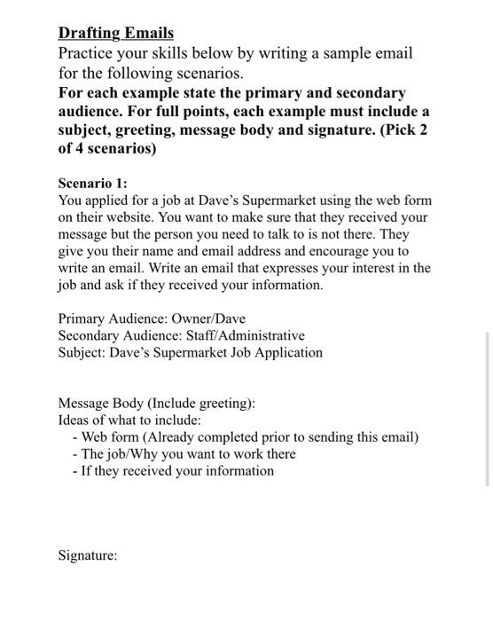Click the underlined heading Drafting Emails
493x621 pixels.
116,34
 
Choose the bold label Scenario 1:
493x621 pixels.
93,184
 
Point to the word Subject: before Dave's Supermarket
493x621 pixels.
82,352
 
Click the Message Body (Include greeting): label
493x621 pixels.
157,404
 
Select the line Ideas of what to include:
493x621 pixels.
130,421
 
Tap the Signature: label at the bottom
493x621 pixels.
88,556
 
